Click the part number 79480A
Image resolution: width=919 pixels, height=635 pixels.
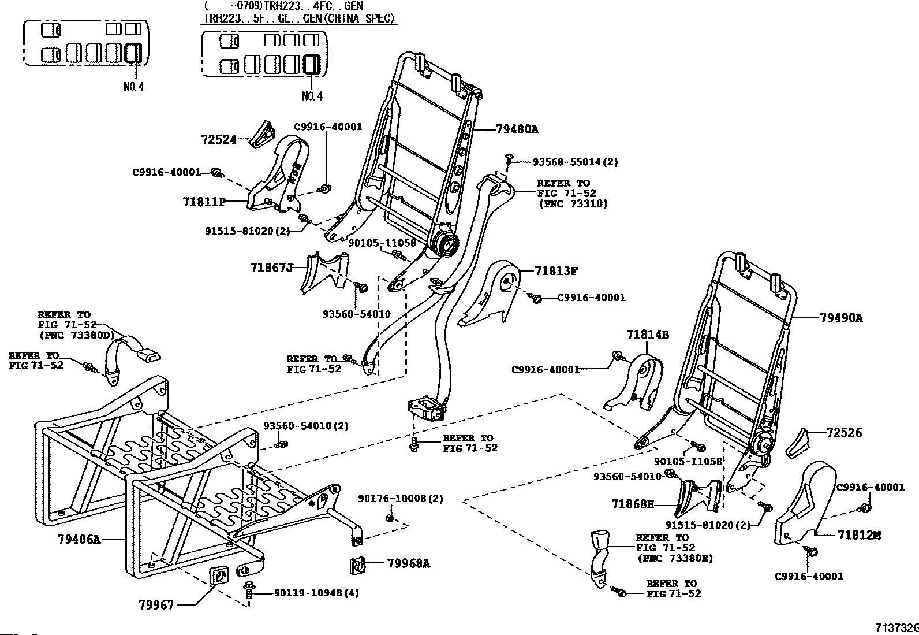click(517, 129)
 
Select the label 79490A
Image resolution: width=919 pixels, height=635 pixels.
click(841, 318)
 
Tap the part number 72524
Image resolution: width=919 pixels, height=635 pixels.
click(219, 140)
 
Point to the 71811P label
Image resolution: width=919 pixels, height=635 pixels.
click(204, 202)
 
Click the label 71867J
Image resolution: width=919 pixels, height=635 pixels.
click(271, 268)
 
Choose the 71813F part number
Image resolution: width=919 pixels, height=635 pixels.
click(556, 270)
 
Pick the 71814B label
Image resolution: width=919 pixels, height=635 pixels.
click(648, 335)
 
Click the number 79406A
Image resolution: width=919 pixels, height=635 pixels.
click(79, 539)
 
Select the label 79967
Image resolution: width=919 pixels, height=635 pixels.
click(156, 605)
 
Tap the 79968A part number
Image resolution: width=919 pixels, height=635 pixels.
click(409, 563)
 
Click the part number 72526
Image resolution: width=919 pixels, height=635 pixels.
click(844, 433)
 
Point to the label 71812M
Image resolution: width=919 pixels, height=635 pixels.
click(859, 535)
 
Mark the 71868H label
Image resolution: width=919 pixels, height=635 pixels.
click(633, 504)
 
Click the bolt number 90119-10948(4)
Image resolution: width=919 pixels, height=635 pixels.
click(316, 593)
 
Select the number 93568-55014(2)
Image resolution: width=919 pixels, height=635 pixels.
click(575, 162)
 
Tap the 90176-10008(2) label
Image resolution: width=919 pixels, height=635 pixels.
click(401, 499)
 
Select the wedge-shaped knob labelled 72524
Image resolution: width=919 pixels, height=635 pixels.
click(262, 134)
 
